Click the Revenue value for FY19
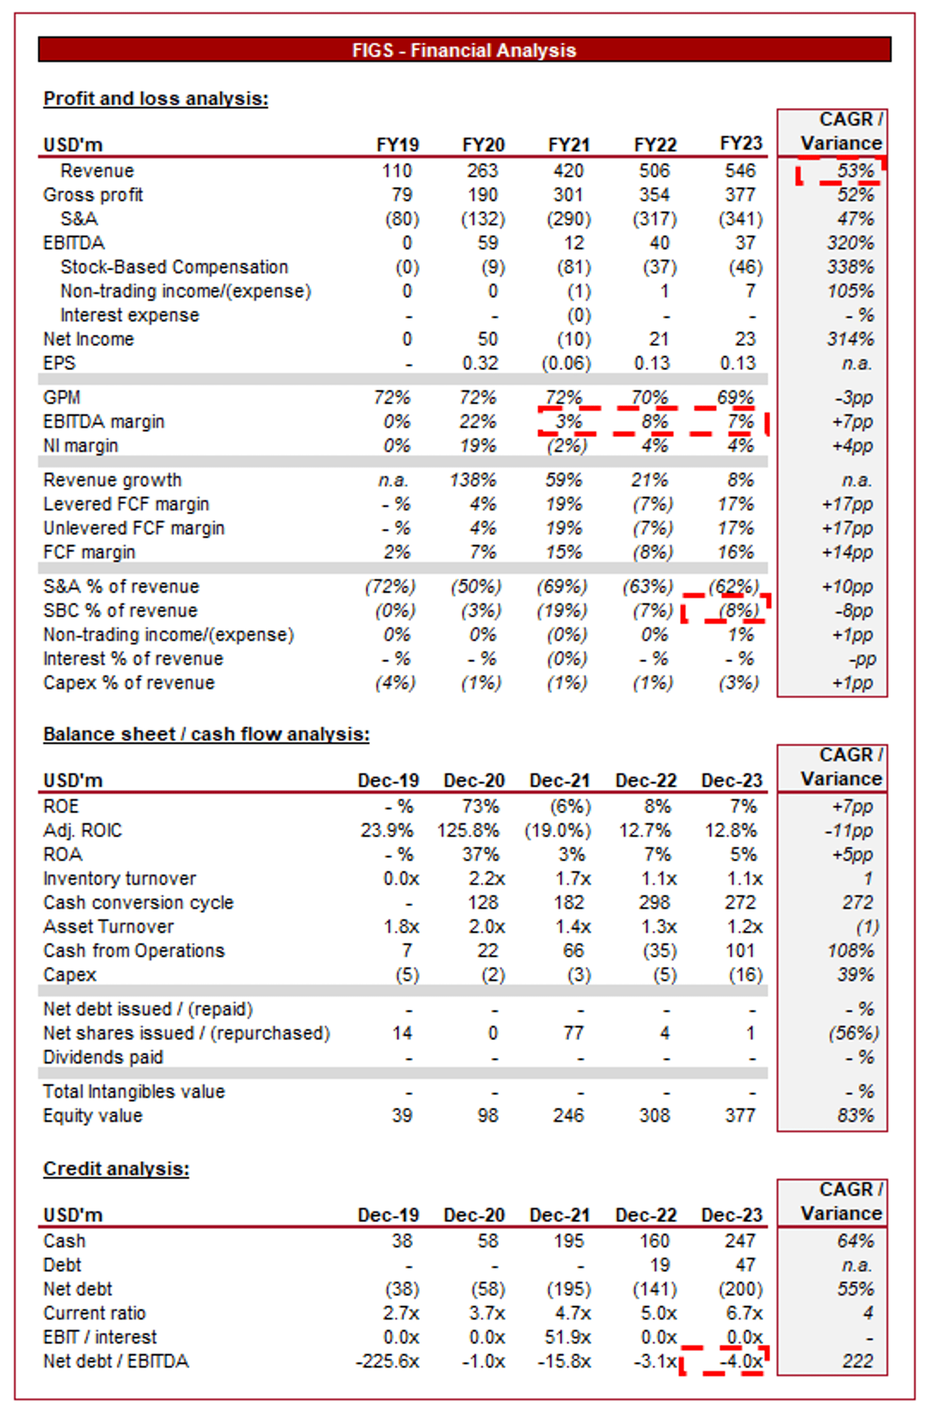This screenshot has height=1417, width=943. [397, 171]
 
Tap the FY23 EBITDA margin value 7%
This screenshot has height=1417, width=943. [740, 422]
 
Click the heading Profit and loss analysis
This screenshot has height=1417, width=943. [156, 99]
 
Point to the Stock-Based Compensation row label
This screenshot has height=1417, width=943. [174, 267]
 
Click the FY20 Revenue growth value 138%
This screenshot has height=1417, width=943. [473, 480]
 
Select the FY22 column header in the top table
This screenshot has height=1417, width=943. [655, 145]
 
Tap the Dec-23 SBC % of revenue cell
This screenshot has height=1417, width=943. [738, 611]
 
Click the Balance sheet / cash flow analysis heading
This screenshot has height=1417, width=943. [207, 734]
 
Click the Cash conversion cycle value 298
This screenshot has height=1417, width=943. [654, 903]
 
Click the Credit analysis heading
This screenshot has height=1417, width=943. [116, 1168]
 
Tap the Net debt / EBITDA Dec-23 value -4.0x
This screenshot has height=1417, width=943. [743, 1361]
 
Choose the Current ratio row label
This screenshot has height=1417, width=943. [94, 1313]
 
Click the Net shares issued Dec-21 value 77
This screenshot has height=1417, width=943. [573, 1033]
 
